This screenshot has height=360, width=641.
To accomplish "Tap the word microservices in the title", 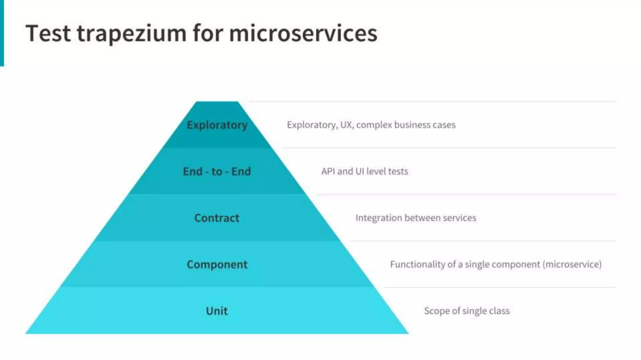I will [x=303, y=33].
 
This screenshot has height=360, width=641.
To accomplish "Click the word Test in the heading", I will [x=48, y=33].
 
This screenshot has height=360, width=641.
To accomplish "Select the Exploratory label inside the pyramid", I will [x=217, y=125].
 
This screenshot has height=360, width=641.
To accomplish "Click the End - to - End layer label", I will [x=217, y=172].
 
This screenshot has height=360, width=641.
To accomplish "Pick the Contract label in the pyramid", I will [x=217, y=218].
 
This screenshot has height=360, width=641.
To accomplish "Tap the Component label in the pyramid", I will [x=217, y=264].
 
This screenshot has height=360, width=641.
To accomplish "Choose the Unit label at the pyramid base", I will [x=217, y=311].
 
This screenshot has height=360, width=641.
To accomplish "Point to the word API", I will [x=328, y=171].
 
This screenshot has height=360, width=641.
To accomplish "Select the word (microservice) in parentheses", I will [x=572, y=264].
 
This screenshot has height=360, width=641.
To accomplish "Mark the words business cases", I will [x=425, y=125].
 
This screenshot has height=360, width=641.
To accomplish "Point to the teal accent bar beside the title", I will [x=2, y=33].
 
